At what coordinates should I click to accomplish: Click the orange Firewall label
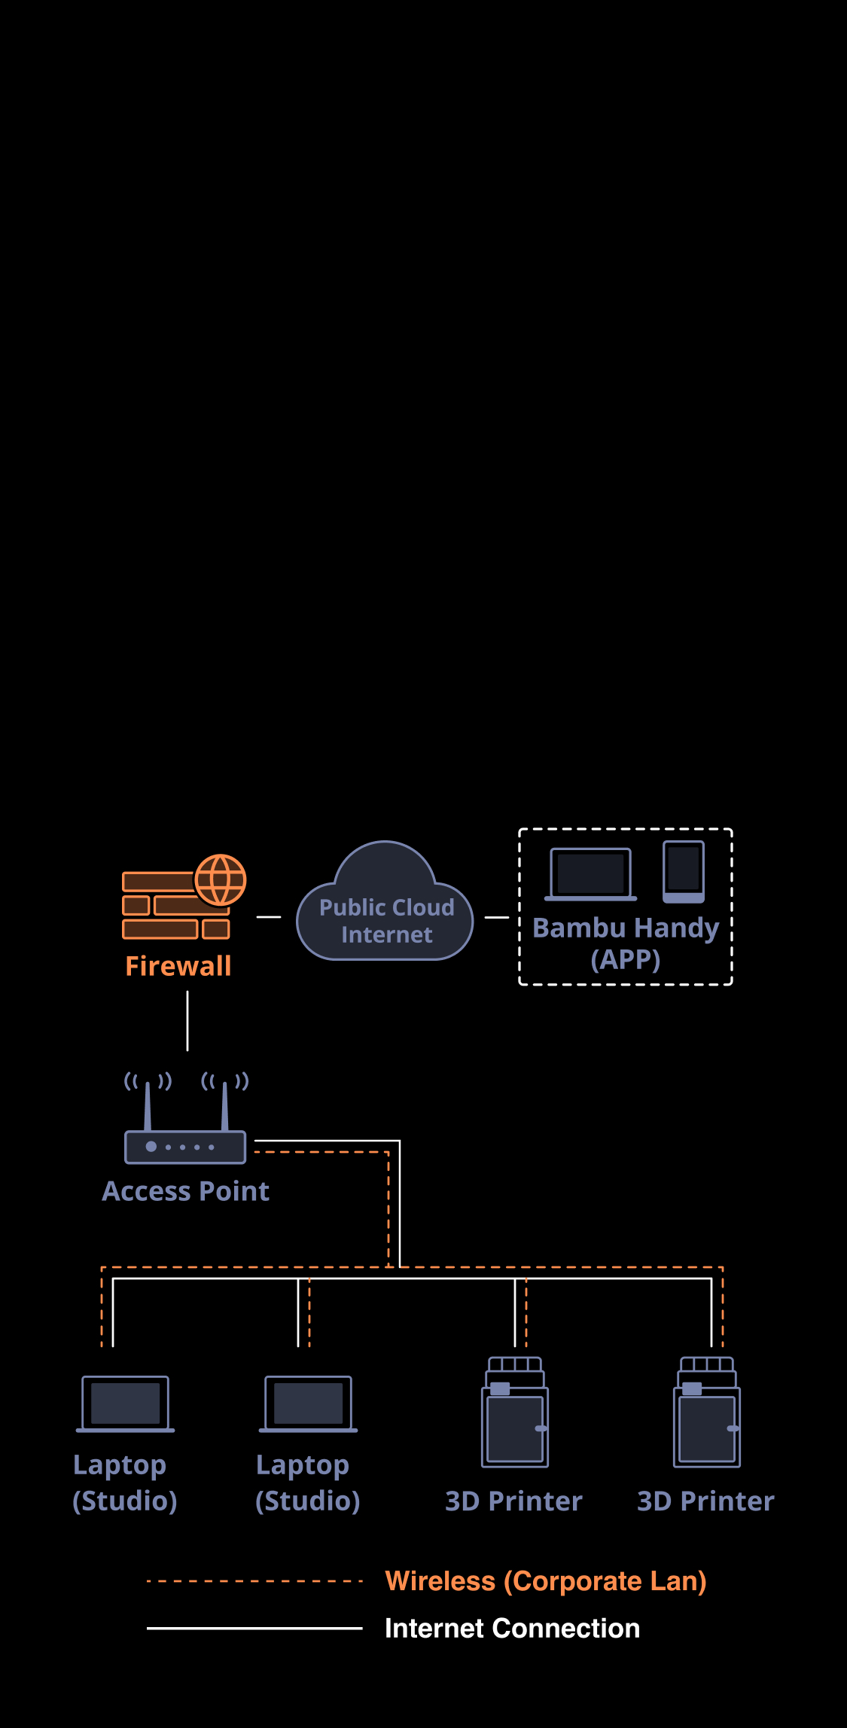(178, 966)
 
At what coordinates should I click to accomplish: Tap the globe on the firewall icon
(221, 879)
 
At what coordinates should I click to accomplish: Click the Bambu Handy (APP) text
(626, 943)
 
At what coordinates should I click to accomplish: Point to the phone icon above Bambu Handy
(684, 871)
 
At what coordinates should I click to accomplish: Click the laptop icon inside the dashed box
(591, 874)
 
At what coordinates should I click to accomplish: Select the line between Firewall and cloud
(269, 917)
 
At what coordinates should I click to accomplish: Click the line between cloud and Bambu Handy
(497, 917)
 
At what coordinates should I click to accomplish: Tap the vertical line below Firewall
(187, 1020)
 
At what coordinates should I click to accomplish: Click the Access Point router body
(185, 1147)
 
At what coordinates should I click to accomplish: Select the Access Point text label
(186, 1191)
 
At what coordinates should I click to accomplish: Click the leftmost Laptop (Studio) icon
(126, 1403)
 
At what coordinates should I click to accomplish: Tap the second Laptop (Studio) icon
(309, 1403)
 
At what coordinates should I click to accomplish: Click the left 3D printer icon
(515, 1413)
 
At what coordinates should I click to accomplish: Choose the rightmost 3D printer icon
(707, 1413)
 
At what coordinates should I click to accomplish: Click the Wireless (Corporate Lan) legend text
(546, 1581)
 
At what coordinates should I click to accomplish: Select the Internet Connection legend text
(512, 1628)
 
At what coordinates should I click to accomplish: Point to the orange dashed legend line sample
(254, 1581)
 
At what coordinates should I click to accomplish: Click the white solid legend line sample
(254, 1628)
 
